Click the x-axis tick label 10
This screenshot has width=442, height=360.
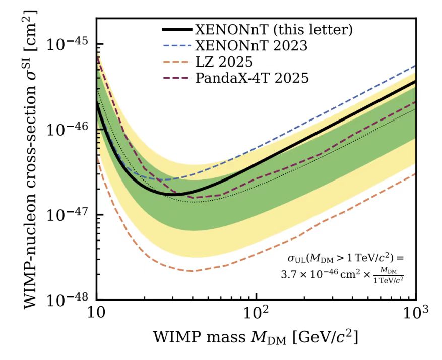[x=96, y=319]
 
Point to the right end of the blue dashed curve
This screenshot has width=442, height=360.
[x=415, y=66]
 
